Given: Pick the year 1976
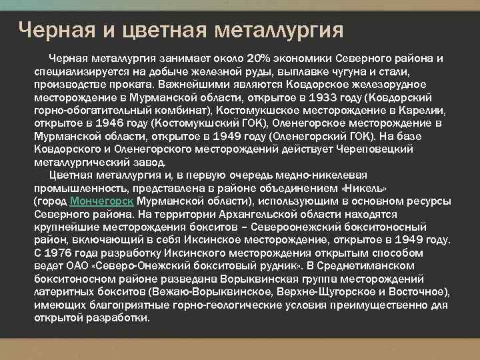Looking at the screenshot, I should pos(59,253).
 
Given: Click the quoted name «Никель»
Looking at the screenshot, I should pos(365,188).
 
